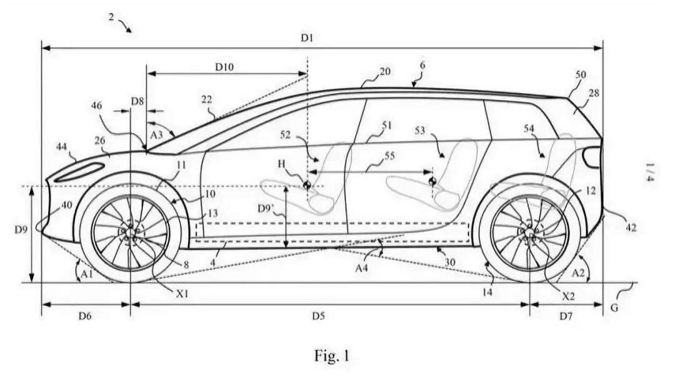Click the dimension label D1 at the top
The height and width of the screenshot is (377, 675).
pyautogui.click(x=306, y=38)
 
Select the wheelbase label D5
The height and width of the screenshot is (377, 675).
pyautogui.click(x=318, y=316)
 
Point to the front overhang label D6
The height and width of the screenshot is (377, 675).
pyautogui.click(x=86, y=316)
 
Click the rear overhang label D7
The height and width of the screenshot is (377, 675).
pyautogui.click(x=565, y=316)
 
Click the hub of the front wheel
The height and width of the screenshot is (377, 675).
pyautogui.click(x=129, y=233)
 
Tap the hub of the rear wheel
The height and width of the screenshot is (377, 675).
pyautogui.click(x=529, y=233)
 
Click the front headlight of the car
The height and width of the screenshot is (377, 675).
pyautogui.click(x=79, y=173)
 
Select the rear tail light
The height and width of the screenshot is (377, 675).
pyautogui.click(x=591, y=157)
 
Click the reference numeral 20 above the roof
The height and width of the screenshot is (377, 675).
pyautogui.click(x=385, y=72)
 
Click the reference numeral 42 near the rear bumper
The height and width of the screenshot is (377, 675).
pyautogui.click(x=631, y=228)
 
